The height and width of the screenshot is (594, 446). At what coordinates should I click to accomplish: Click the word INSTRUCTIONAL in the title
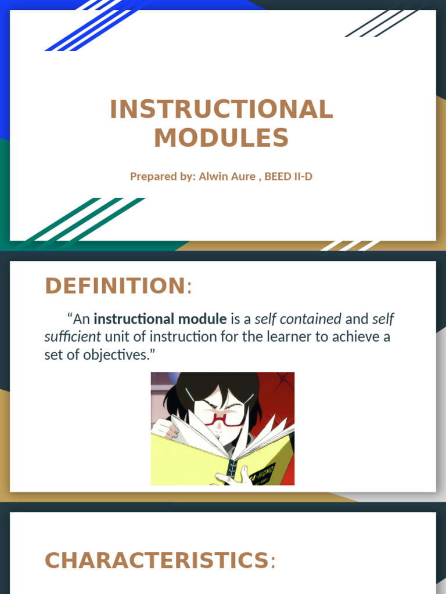click(x=221, y=110)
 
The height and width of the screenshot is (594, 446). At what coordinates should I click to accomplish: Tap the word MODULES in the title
click(x=221, y=138)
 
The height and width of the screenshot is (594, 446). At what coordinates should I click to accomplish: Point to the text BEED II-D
click(x=288, y=176)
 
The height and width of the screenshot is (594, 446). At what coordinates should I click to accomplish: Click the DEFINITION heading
click(x=115, y=286)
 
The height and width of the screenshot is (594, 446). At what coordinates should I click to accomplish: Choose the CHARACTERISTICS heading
click(x=157, y=560)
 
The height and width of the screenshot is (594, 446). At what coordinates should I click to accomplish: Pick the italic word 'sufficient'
click(x=73, y=336)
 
